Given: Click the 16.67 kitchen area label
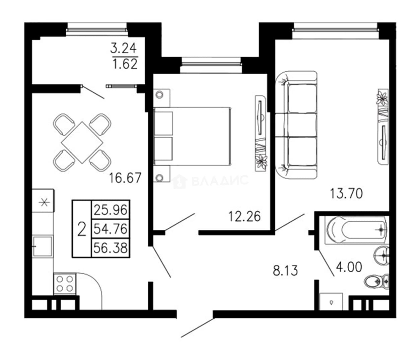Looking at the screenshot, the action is tap(125, 177).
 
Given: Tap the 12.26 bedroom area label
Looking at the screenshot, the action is tap(244, 216).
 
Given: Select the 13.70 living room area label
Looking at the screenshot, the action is tap(346, 194).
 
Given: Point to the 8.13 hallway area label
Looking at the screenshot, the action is tap(285, 271).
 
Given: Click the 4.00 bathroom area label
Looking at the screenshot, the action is tap(349, 267).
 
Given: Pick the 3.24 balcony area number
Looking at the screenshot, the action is tap(123, 48).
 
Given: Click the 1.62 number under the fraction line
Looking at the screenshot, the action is tap(125, 64).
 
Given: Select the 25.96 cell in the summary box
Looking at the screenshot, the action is tap(110, 210).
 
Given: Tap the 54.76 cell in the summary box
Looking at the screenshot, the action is tap(110, 229).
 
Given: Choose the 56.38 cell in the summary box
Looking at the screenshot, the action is tap(110, 248).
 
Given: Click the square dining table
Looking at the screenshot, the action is tap(82, 142).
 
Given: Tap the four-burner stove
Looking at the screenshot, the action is tap(65, 284).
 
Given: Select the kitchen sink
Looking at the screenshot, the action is tap(43, 246).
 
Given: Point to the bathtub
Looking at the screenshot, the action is tap(357, 230).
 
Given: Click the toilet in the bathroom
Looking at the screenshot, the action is tap(376, 282).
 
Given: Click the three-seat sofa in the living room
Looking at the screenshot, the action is tap(296, 125).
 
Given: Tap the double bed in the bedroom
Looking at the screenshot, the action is tap(193, 136).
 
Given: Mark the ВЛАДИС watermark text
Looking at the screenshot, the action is tap(211, 181).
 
